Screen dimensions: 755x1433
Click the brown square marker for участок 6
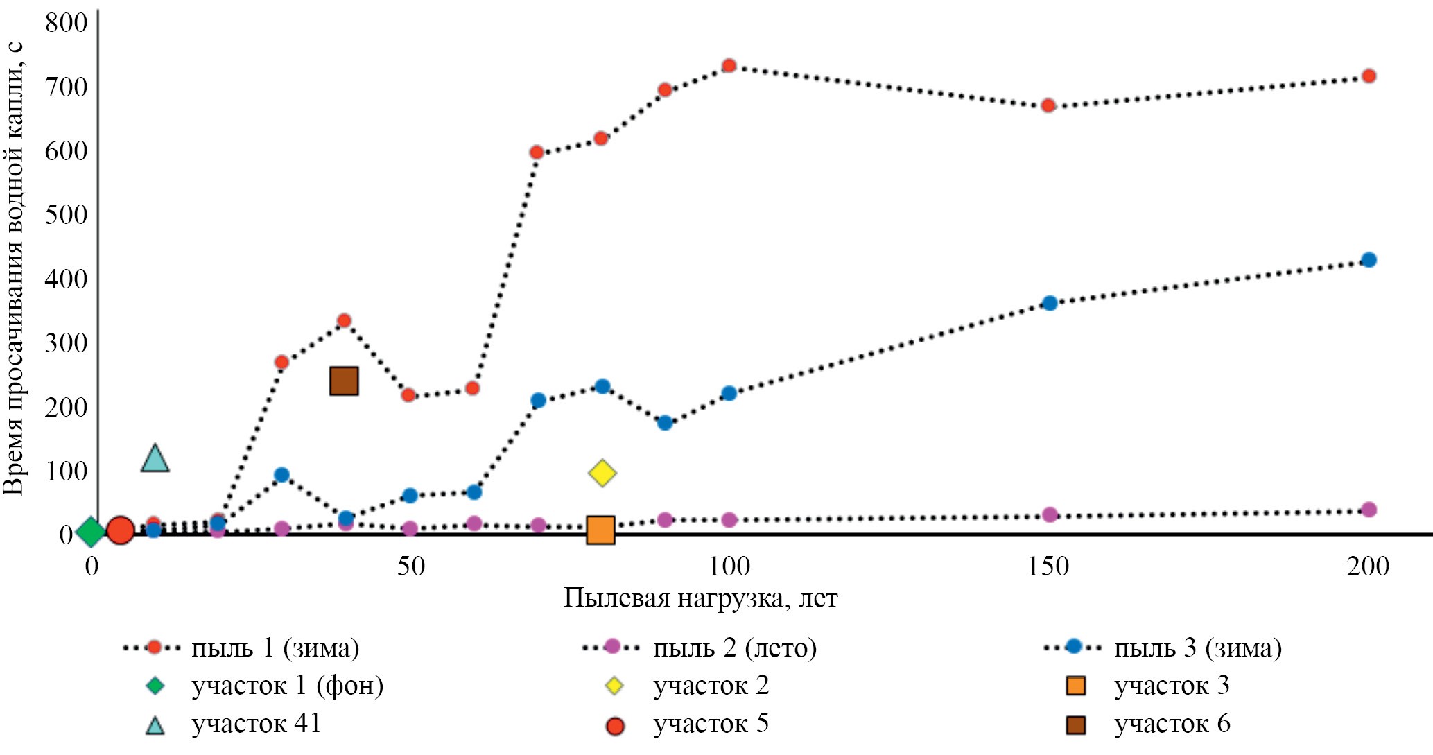pyautogui.click(x=344, y=381)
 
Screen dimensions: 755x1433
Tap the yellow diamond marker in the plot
pyautogui.click(x=602, y=473)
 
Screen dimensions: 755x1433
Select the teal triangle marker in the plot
pyautogui.click(x=155, y=459)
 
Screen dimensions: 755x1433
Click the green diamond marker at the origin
pyautogui.click(x=91, y=532)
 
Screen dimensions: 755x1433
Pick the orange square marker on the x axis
pyautogui.click(x=600, y=530)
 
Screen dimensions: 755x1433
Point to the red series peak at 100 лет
pyautogui.click(x=729, y=66)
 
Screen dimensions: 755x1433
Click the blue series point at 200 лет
pyautogui.click(x=1369, y=260)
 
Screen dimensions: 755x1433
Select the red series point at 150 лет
pyautogui.click(x=1048, y=105)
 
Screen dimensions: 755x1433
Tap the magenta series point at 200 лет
pyautogui.click(x=1369, y=510)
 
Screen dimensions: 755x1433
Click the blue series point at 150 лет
pyautogui.click(x=1050, y=303)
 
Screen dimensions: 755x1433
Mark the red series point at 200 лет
pyautogui.click(x=1369, y=76)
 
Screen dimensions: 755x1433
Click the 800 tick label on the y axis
pyautogui.click(x=66, y=23)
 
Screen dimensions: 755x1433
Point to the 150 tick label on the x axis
pyautogui.click(x=1048, y=567)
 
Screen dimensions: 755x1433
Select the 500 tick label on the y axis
pyautogui.click(x=66, y=215)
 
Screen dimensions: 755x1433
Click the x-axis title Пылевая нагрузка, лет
pyautogui.click(x=700, y=598)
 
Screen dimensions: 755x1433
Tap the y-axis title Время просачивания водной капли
pyautogui.click(x=14, y=267)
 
